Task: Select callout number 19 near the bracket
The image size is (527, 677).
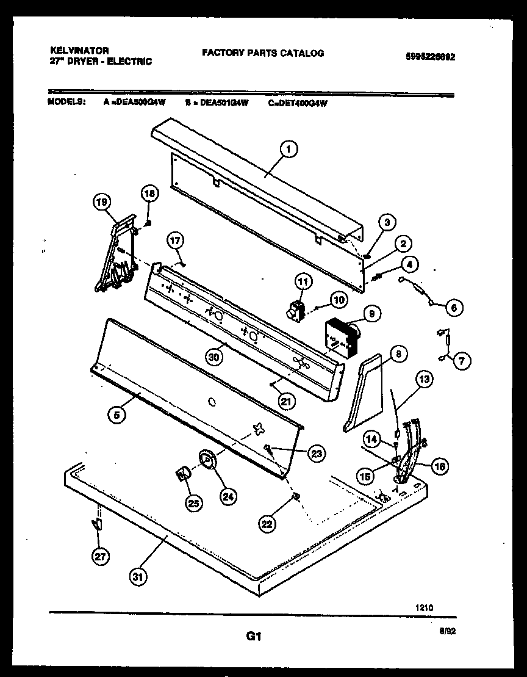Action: pyautogui.click(x=102, y=202)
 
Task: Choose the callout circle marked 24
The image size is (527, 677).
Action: pyautogui.click(x=228, y=497)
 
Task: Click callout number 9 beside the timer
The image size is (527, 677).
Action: pyautogui.click(x=371, y=314)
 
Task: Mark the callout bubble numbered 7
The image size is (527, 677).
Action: pyautogui.click(x=461, y=361)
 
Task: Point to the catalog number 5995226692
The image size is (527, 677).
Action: pyautogui.click(x=431, y=57)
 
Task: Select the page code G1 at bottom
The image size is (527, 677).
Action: pyautogui.click(x=254, y=636)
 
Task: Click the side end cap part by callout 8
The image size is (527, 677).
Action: pyautogui.click(x=364, y=395)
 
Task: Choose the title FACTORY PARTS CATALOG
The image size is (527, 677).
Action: pyautogui.click(x=263, y=53)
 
